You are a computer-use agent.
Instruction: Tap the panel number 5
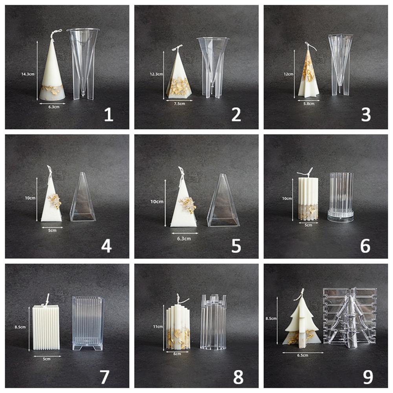236,246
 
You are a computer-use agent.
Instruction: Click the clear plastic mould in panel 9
349,316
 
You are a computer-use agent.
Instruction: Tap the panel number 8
238,376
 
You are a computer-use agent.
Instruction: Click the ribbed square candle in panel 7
45,327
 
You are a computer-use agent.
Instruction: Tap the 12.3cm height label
157,74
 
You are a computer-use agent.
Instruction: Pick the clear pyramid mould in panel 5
224,202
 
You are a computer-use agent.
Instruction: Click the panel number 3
365,115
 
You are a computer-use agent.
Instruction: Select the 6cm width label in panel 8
177,354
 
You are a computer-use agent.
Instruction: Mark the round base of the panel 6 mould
340,216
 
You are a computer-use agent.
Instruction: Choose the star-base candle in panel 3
308,73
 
